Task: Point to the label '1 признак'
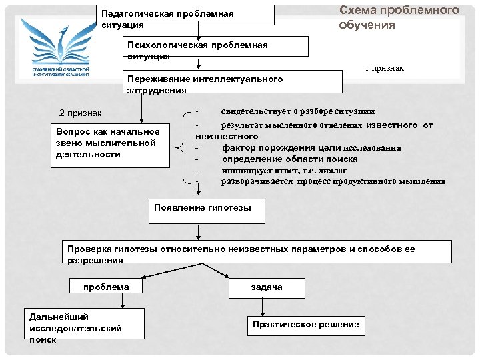pyautogui.click(x=384, y=69)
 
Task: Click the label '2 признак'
pyautogui.click(x=80, y=113)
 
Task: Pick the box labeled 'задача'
pyautogui.click(x=267, y=287)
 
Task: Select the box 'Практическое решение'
pyautogui.click(x=306, y=325)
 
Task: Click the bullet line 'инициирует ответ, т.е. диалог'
pyautogui.click(x=283, y=170)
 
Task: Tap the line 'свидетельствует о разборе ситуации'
pyautogui.click(x=297, y=111)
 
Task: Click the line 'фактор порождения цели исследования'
pyautogui.click(x=311, y=148)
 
